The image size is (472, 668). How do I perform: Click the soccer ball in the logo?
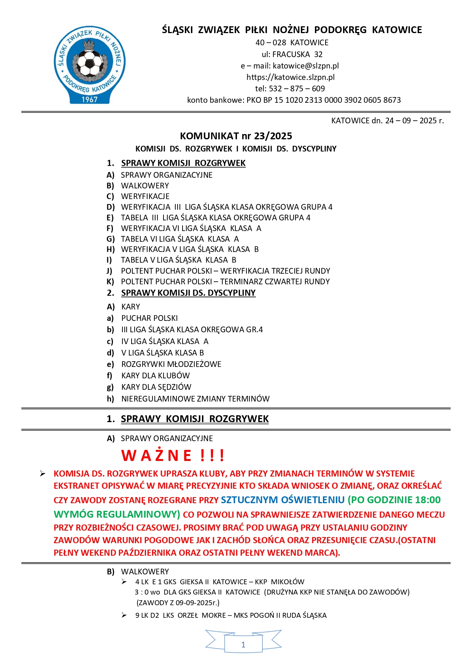(x=90, y=63)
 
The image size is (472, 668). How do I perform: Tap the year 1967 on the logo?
(x=90, y=99)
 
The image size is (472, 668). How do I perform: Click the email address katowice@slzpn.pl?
(x=305, y=66)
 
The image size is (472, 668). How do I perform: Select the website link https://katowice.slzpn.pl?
(x=291, y=77)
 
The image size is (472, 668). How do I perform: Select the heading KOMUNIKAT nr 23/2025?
(x=236, y=136)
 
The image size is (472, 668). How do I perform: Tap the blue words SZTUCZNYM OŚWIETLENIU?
(x=283, y=500)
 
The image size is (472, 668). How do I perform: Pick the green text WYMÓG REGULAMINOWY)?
(x=117, y=514)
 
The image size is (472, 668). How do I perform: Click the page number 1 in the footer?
(x=243, y=644)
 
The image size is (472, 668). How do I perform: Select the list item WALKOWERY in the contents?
(x=145, y=186)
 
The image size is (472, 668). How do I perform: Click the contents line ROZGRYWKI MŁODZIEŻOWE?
(x=171, y=364)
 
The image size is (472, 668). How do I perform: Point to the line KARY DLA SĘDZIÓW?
(x=156, y=387)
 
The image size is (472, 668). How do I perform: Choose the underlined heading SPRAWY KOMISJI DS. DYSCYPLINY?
(x=188, y=293)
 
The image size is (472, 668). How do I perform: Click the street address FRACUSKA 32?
(x=297, y=54)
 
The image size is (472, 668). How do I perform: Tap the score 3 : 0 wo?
(x=147, y=592)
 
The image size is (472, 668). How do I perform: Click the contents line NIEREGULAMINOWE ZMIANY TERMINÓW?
(x=195, y=399)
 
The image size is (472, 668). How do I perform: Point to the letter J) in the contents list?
(x=110, y=271)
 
